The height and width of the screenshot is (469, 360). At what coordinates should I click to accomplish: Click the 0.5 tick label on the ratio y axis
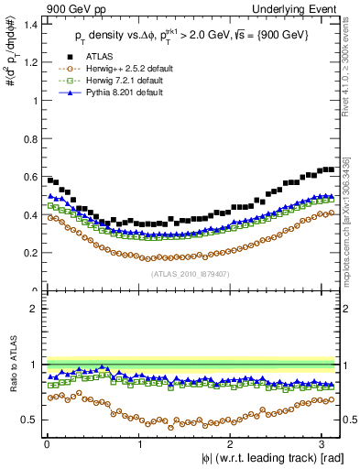29,420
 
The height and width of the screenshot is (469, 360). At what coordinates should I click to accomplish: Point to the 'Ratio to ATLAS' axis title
10,365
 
